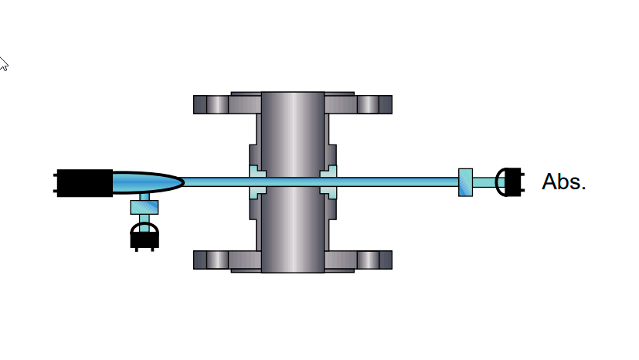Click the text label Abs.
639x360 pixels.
564,182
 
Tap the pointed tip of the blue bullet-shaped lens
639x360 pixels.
181,183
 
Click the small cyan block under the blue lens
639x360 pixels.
144,206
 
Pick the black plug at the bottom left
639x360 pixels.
144,236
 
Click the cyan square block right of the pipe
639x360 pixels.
465,182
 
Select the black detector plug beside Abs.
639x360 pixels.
510,182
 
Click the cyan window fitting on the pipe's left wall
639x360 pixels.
257,182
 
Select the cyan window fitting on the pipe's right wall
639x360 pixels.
328,182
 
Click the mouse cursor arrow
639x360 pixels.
3,63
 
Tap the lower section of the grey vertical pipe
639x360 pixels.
292,232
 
